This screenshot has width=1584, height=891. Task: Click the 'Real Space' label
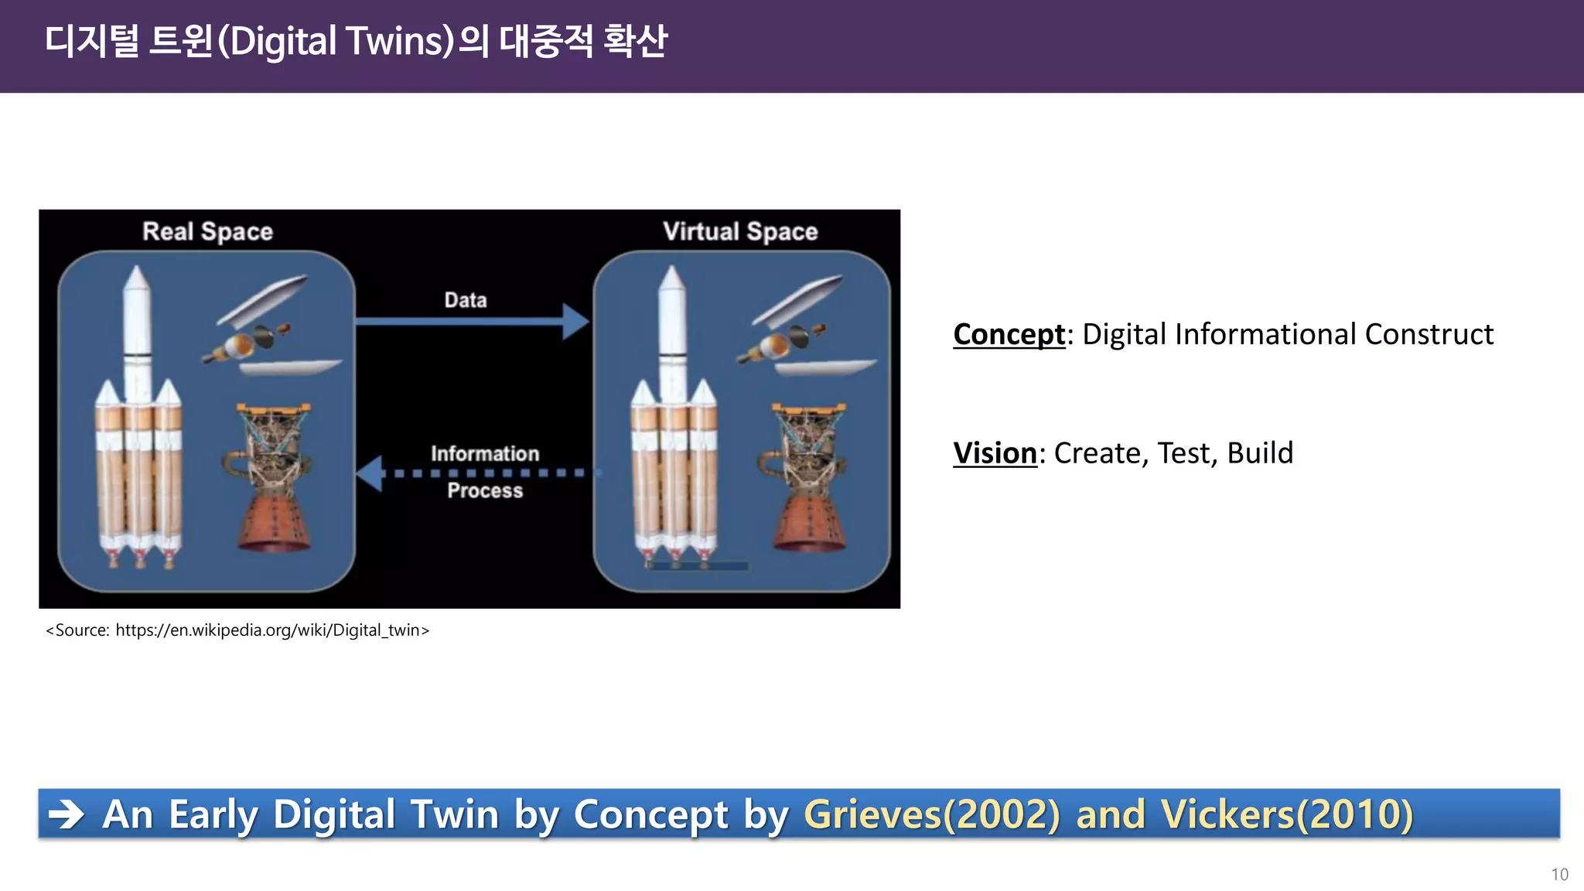207,231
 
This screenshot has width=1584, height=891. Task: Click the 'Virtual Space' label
739,231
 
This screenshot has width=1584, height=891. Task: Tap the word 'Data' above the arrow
465,300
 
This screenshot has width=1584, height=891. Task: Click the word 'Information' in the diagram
485,453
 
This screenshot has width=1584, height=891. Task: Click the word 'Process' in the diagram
485,490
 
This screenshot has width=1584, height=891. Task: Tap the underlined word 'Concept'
1009,334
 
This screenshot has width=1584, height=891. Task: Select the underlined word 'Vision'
994,452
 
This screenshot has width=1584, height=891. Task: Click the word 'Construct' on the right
1429,334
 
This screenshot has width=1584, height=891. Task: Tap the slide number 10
1559,874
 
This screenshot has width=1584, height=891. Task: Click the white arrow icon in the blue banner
67,814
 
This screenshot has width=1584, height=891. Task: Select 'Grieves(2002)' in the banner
932,814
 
